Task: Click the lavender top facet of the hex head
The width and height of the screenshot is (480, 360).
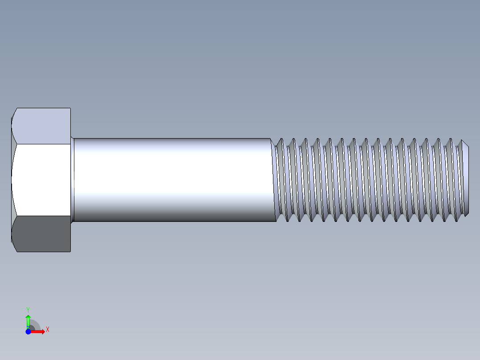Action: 42,126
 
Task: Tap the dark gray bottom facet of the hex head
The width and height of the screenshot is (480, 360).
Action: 42,233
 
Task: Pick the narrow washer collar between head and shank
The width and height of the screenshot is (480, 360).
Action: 72,180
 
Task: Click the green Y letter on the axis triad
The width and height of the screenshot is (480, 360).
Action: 28,309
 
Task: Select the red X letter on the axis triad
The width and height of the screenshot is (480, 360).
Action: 47,330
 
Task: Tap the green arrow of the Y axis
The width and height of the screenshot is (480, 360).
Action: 28,320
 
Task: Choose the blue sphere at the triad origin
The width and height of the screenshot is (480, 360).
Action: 28,331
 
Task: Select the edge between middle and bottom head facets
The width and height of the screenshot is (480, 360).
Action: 42,216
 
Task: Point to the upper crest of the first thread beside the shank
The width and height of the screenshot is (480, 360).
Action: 280,140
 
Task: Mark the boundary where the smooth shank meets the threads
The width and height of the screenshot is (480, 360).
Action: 273,180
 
